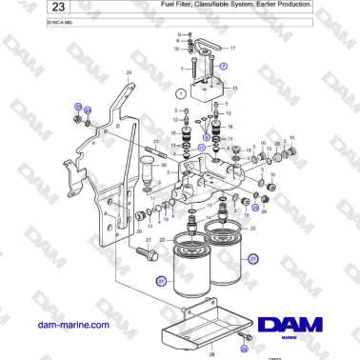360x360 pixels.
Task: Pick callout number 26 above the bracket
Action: pos(129,72)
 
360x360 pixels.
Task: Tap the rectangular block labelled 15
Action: pos(210,91)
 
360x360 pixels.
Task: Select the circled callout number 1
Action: pos(180,93)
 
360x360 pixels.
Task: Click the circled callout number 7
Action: pos(222,67)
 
